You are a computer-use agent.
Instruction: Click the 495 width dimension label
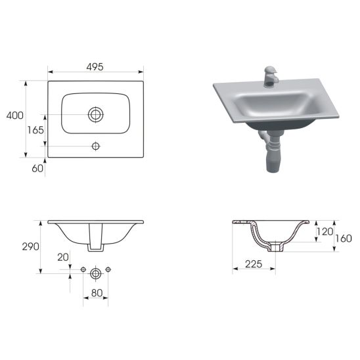[x=95, y=67]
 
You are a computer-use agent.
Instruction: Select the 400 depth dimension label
[x=15, y=115]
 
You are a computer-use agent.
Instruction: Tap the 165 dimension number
[x=35, y=130]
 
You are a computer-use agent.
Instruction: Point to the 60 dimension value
[x=37, y=168]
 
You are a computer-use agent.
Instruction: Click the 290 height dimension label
[x=30, y=246]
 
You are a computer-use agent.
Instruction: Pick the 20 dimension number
[x=63, y=257]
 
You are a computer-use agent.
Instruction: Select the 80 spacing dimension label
[x=97, y=293]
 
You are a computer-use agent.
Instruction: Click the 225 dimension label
[x=254, y=264]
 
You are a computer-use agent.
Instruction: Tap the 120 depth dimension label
[x=325, y=232]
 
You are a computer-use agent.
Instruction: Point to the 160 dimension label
[x=344, y=238]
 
